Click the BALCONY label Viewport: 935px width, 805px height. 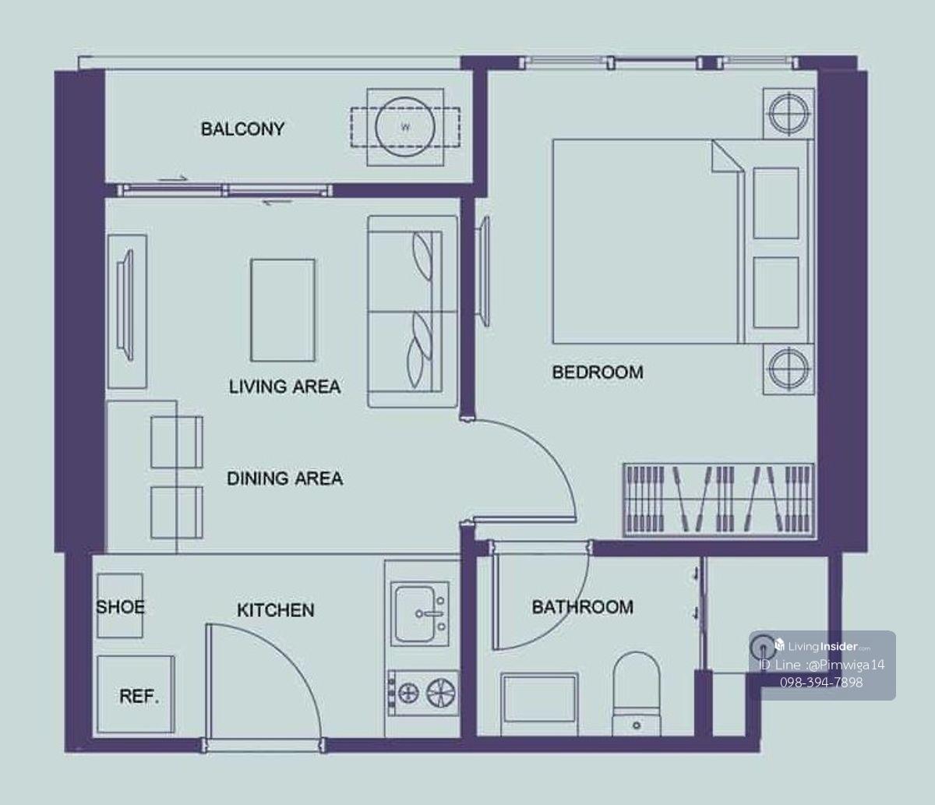click(243, 129)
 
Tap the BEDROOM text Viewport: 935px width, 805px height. click(598, 372)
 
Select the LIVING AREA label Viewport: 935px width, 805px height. click(284, 387)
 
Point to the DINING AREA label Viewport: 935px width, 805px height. click(285, 478)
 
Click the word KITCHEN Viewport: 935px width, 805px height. click(276, 610)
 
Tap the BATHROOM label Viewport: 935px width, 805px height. click(583, 607)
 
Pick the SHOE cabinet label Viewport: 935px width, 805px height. click(120, 607)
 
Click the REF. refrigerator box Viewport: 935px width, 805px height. click(136, 694)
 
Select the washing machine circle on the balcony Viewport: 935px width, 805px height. click(405, 127)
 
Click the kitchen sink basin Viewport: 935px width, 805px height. click(415, 613)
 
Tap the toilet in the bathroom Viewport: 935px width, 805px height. click(636, 694)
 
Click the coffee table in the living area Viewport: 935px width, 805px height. click(283, 310)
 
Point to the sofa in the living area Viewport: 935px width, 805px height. click(412, 311)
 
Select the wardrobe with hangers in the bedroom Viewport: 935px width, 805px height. click(718, 500)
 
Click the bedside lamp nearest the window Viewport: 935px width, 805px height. click(789, 113)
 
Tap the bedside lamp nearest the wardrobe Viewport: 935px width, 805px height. click(789, 369)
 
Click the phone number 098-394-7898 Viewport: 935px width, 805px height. click(821, 683)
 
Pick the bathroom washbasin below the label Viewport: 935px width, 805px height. click(539, 704)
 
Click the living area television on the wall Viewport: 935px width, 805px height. click(125, 306)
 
